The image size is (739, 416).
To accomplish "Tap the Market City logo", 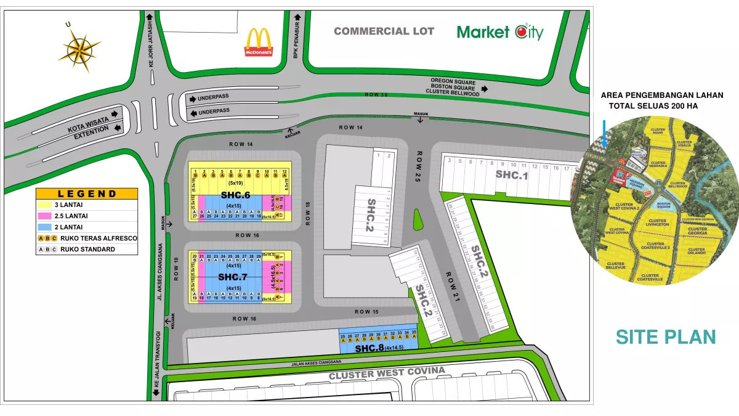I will [500, 31].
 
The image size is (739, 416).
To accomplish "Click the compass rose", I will [79, 47].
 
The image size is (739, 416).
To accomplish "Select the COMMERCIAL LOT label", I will [384, 31].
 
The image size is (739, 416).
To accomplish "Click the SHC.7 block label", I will [232, 277].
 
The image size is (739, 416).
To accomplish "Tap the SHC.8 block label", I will [369, 348].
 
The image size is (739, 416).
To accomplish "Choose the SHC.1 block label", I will [512, 175].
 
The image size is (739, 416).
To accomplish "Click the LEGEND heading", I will [87, 194].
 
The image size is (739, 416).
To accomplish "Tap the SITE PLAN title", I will [666, 337].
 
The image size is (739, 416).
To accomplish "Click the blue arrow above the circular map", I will [605, 133].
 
